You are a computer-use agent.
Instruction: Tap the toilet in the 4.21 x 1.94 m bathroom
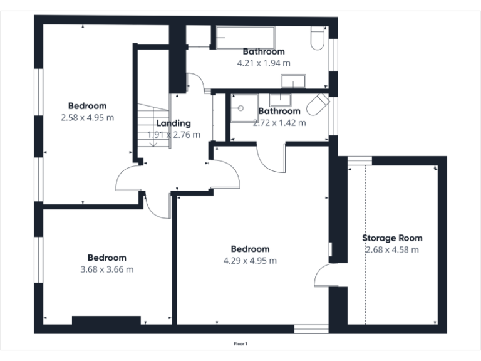tap(317, 39)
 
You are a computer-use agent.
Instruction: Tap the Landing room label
tap(173, 123)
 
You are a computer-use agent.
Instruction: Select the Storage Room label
tap(392, 238)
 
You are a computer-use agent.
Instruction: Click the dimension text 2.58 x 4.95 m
tap(88, 117)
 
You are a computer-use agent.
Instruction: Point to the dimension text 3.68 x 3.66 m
tap(106, 269)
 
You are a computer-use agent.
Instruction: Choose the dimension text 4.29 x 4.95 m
tap(250, 261)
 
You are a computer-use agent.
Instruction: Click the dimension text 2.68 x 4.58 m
tap(392, 249)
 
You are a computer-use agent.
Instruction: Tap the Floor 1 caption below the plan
tap(240, 343)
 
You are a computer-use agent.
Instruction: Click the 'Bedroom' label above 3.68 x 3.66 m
tap(106, 258)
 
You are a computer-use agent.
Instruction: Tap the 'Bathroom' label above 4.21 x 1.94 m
tap(264, 51)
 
